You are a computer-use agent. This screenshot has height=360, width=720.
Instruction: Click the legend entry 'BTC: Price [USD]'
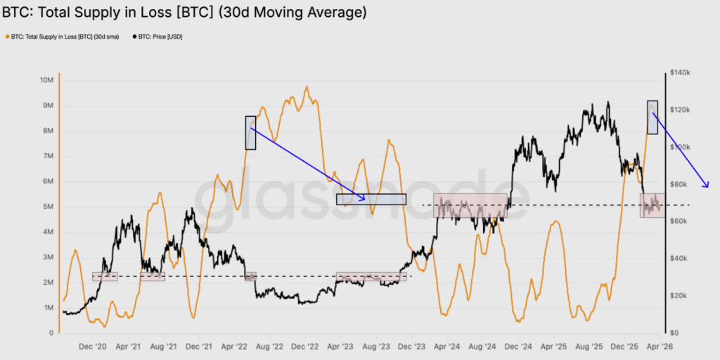160,36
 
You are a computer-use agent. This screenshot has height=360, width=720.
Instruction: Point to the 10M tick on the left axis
47,80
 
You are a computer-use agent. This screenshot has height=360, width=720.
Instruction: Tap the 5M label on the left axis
48,207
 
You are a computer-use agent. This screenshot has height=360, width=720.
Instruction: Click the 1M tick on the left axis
48,308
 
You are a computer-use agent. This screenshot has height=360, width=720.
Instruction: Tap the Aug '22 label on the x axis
269,347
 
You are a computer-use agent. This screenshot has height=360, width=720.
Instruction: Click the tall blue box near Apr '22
250,132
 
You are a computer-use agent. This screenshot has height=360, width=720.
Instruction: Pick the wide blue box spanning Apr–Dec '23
371,199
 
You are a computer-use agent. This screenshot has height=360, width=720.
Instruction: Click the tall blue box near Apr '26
652,117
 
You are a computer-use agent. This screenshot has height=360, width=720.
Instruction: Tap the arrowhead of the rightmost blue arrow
707,186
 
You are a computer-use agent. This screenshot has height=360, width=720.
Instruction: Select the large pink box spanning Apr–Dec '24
470,205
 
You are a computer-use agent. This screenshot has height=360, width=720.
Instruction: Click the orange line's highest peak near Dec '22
307,87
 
